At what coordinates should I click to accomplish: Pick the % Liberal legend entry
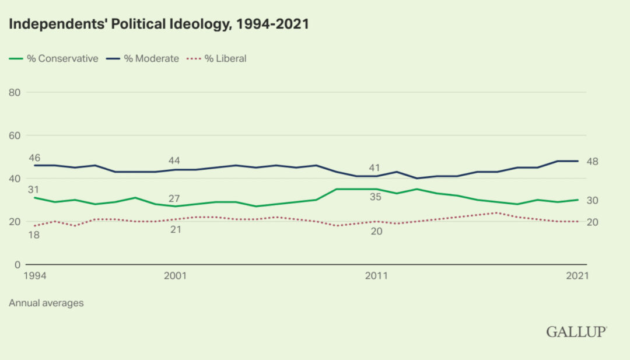click(x=216, y=58)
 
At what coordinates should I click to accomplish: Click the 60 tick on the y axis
click(x=15, y=135)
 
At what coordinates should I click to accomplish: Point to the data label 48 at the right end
click(x=592, y=161)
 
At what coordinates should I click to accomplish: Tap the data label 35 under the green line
click(x=376, y=197)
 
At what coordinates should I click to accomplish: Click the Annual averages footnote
click(x=46, y=303)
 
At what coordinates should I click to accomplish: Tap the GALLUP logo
click(x=576, y=331)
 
